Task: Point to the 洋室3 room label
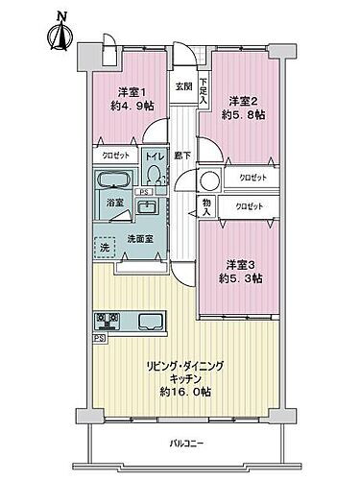[x=241, y=265]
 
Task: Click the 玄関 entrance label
[x=182, y=85]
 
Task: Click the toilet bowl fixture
[x=155, y=174]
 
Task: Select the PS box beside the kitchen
[x=98, y=339]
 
